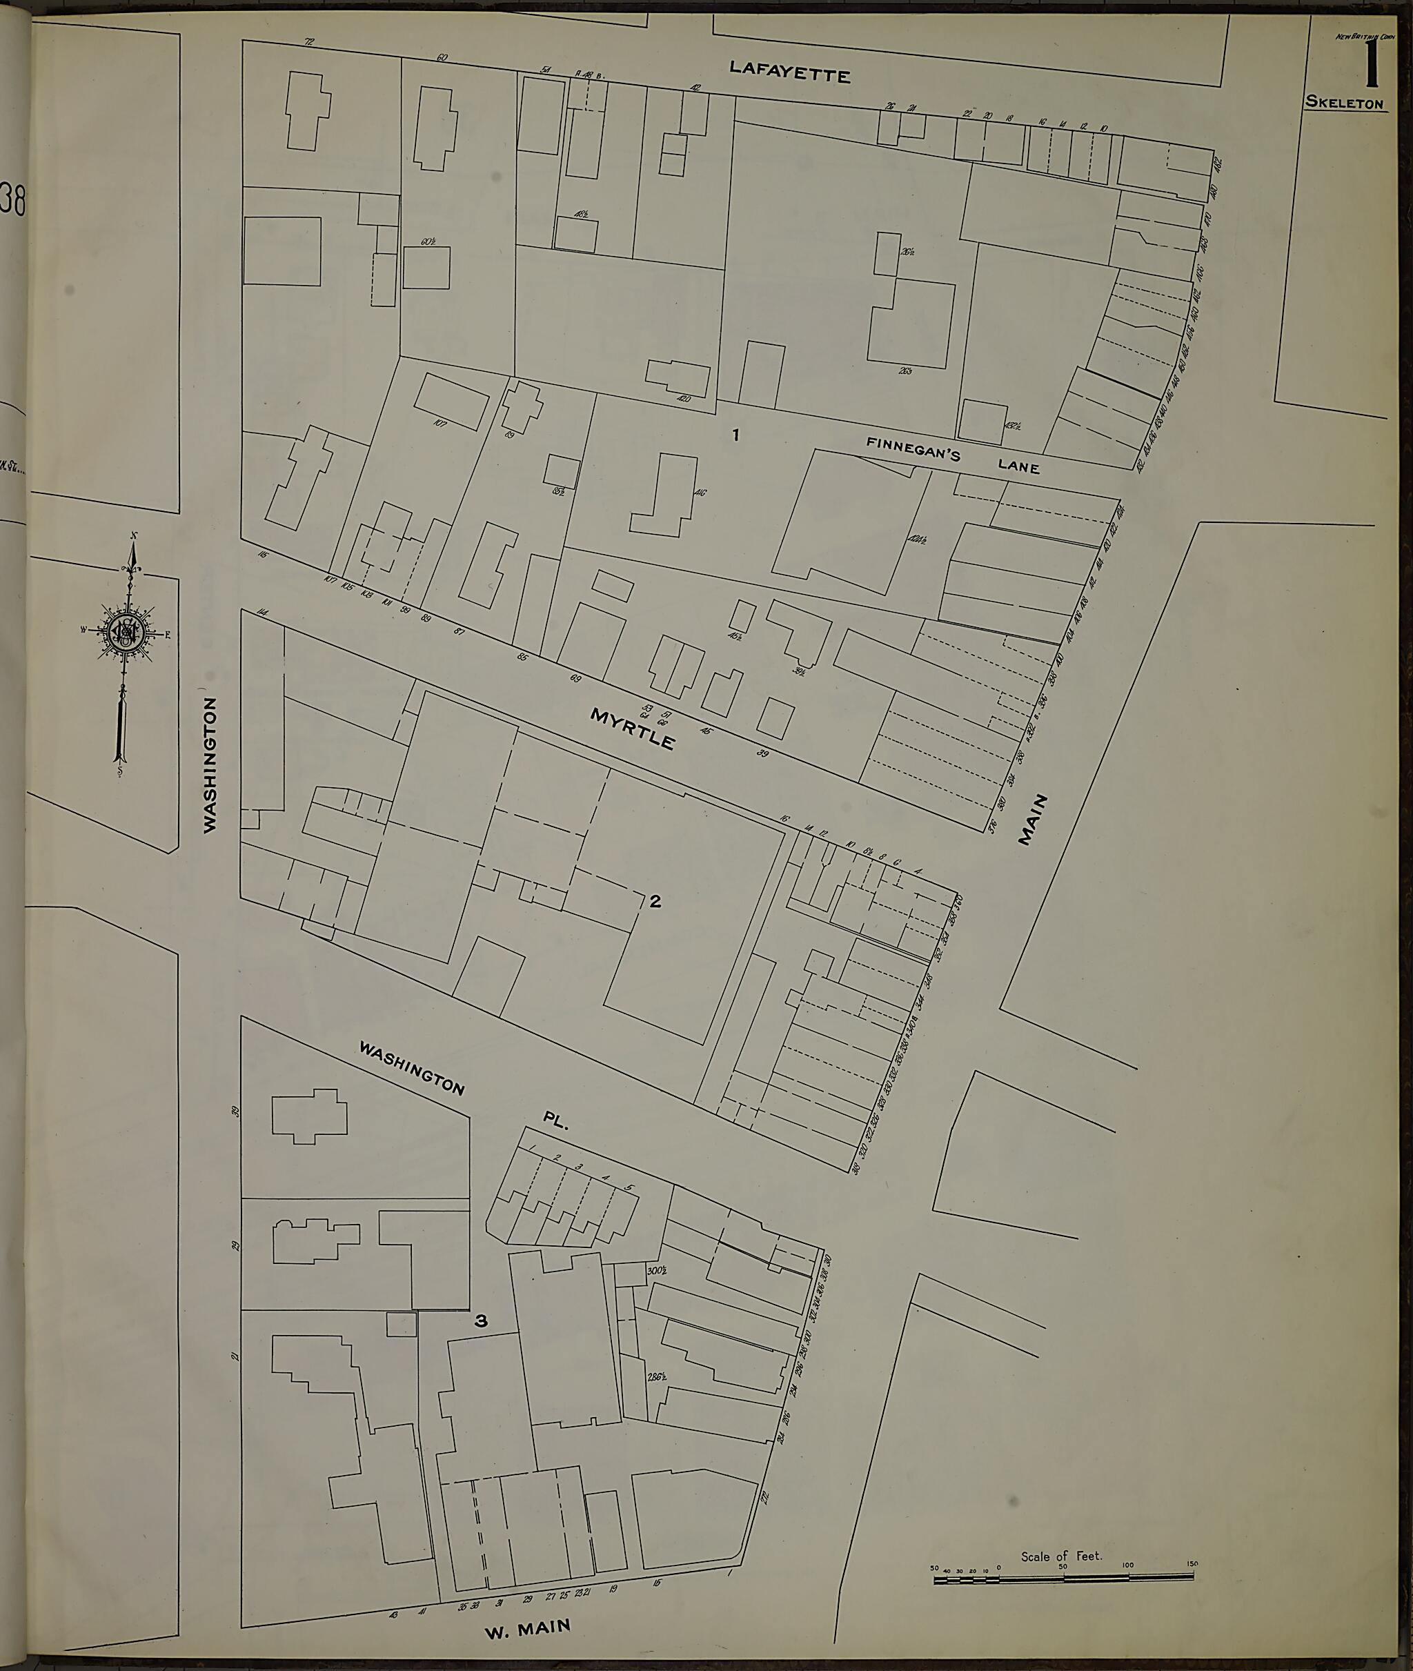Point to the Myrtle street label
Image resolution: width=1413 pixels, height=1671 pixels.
tap(632, 728)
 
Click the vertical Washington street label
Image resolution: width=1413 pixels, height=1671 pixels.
tap(210, 765)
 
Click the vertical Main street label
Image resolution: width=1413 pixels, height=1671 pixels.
tap(1034, 819)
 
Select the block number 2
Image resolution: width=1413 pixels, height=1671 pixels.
tap(655, 901)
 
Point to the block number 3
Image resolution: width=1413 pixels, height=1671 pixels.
tap(481, 1322)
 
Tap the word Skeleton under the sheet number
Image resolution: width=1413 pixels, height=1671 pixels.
tap(1345, 103)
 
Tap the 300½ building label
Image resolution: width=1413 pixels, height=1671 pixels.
tap(656, 1270)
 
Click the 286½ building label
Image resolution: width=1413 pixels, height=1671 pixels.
tap(658, 1378)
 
